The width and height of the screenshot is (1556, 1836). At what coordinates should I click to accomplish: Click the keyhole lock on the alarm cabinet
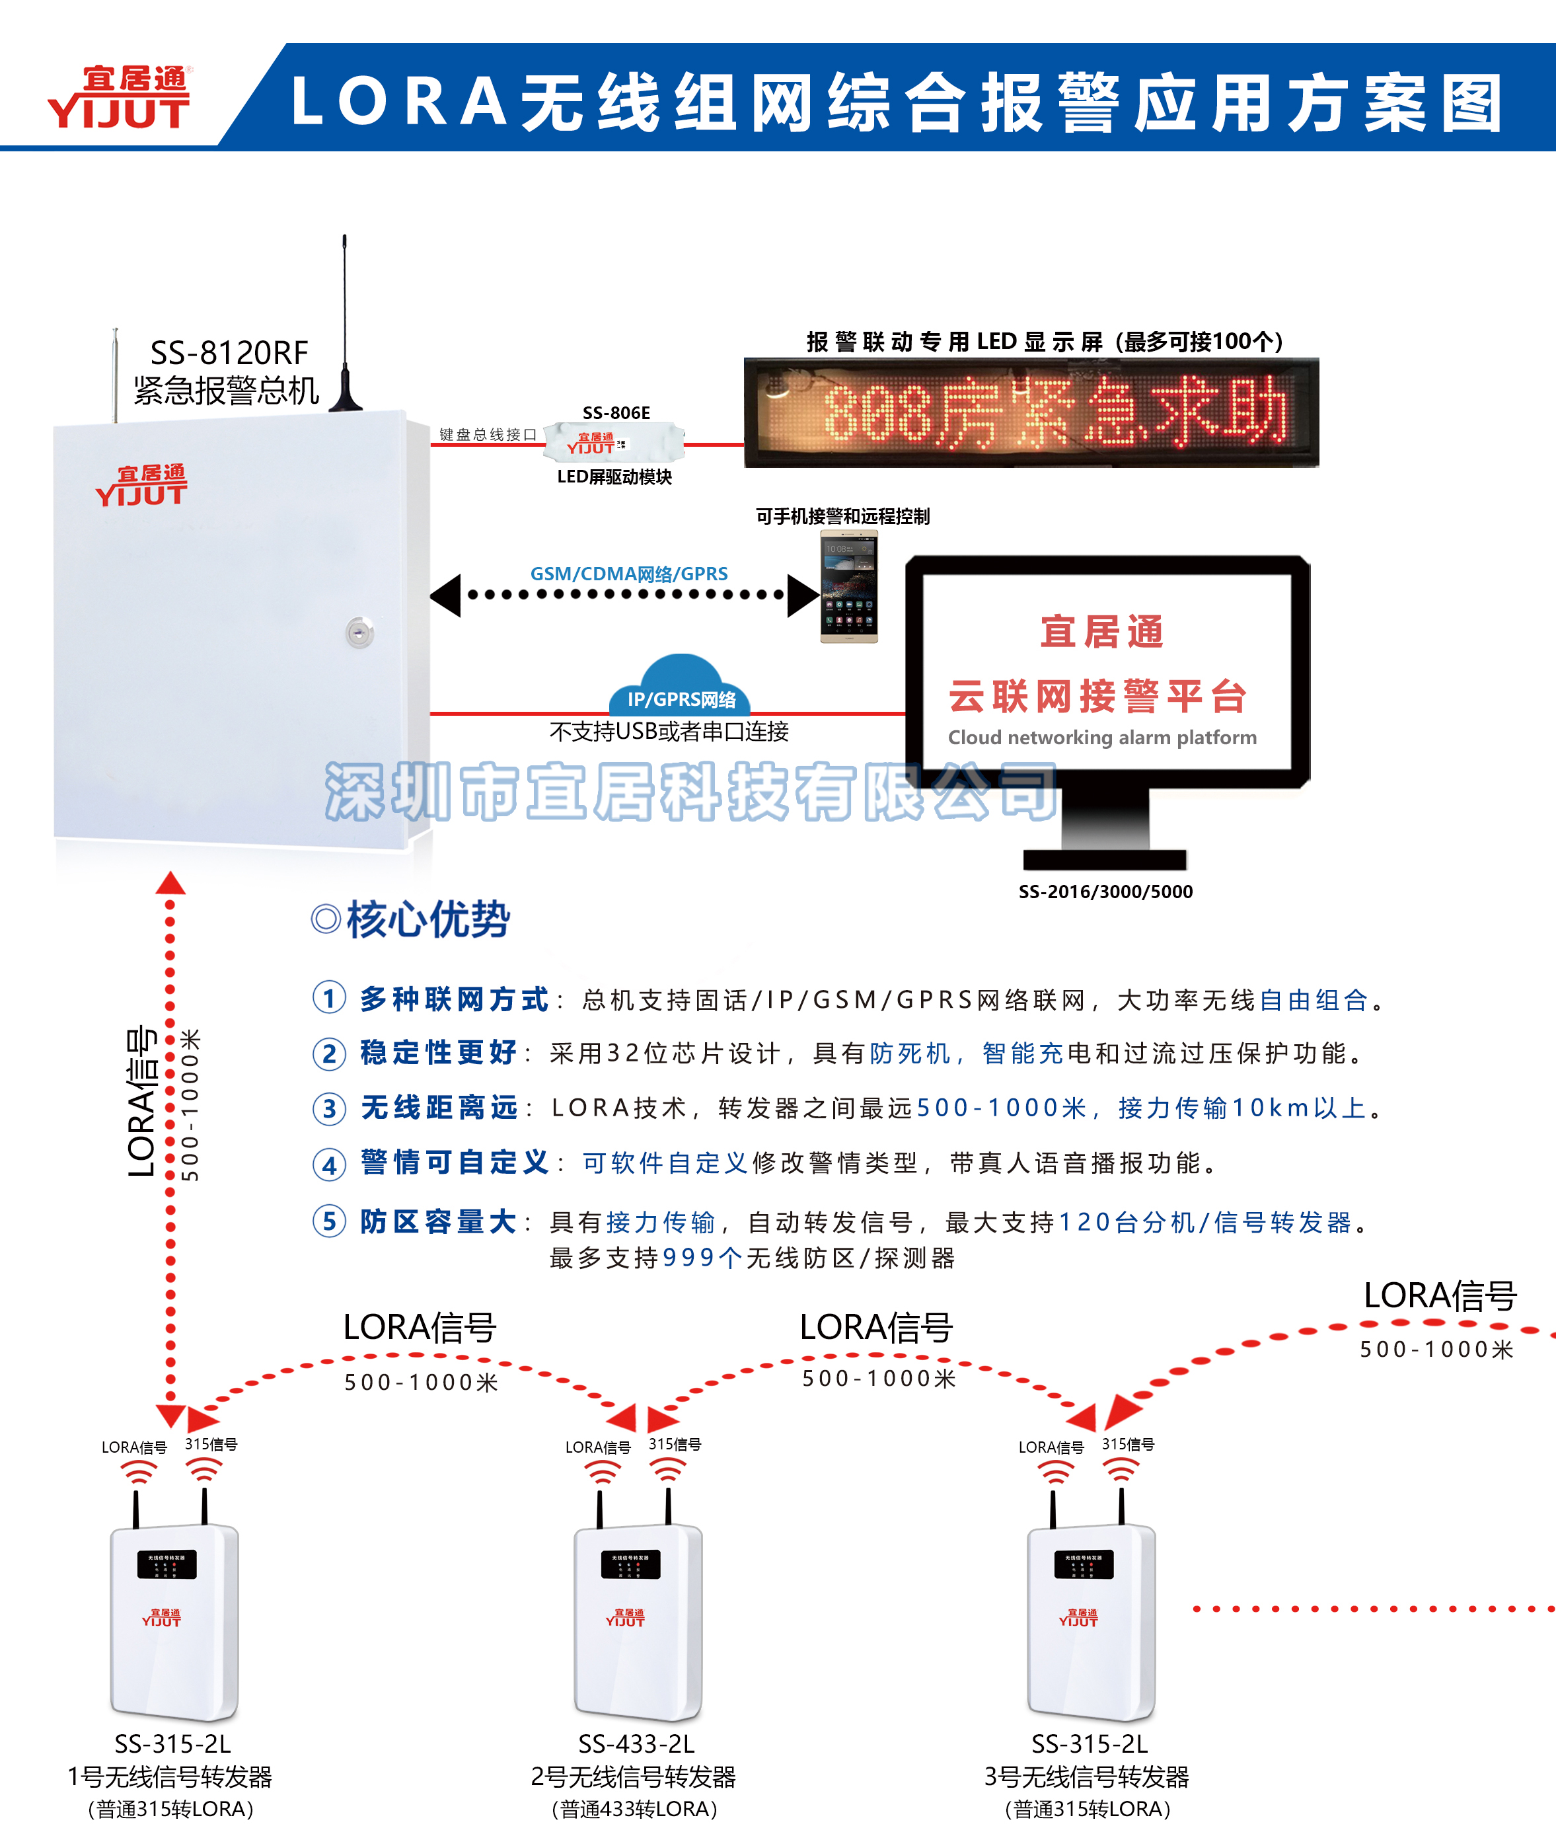click(x=359, y=632)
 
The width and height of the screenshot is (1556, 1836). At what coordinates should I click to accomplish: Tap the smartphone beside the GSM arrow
click(x=848, y=587)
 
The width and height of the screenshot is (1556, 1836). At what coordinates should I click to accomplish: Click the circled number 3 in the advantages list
click(x=329, y=1109)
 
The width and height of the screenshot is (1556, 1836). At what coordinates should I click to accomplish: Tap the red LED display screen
click(x=1031, y=412)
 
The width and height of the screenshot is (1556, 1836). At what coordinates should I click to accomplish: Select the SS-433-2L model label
click(x=636, y=1743)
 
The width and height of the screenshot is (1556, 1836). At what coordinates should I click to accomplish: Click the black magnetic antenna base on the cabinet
click(x=346, y=398)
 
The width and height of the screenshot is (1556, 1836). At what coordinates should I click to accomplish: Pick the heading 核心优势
click(x=427, y=919)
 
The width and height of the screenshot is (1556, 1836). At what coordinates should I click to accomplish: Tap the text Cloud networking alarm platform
click(x=1101, y=738)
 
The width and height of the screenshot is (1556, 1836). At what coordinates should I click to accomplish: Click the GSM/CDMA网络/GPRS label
click(x=629, y=574)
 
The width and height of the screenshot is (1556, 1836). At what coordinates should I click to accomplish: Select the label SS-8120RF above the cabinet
click(x=229, y=353)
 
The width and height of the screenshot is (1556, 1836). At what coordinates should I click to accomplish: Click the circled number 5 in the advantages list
click(x=329, y=1222)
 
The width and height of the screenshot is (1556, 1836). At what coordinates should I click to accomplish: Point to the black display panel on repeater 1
click(x=167, y=1564)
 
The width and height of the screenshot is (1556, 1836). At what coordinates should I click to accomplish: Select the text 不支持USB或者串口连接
click(x=669, y=732)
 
